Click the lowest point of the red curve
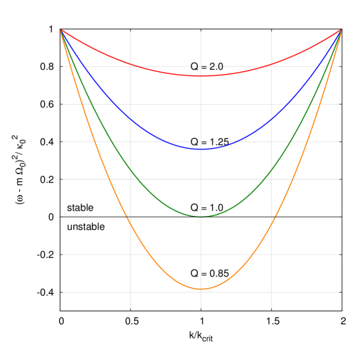(x=201, y=76)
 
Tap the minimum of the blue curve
(x=201, y=149)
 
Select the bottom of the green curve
(x=201, y=217)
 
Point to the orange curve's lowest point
(x=201, y=289)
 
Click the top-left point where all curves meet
(x=61, y=29)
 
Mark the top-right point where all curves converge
(x=341, y=29)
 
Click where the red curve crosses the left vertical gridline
(x=131, y=65)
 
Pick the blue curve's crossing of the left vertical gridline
(x=131, y=119)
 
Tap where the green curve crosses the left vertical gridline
(x=131, y=170)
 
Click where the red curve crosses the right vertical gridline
(x=271, y=65)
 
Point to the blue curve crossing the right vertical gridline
(x=271, y=119)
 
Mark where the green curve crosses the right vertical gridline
(x=271, y=170)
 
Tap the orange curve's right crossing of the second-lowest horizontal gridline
(x=252, y=255)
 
